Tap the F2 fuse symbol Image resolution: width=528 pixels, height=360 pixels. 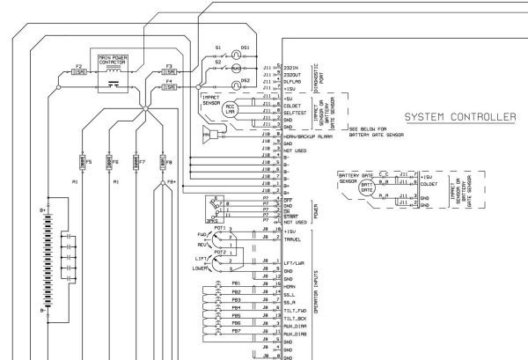click(79, 73)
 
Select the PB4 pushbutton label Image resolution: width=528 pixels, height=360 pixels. click(236, 307)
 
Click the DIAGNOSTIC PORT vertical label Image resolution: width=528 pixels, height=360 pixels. click(319, 77)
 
